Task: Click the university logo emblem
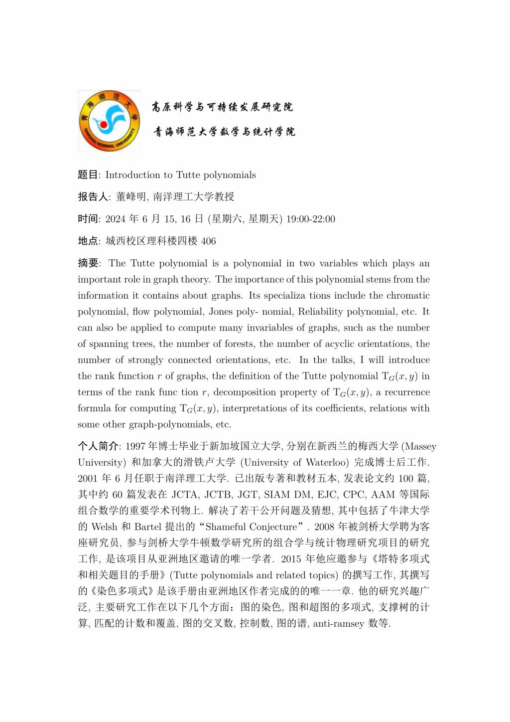[x=109, y=121]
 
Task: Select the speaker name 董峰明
[x=131, y=197]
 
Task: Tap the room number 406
[x=208, y=241]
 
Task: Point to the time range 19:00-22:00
[x=310, y=219]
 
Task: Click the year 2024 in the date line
[x=116, y=219]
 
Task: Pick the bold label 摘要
[x=88, y=263]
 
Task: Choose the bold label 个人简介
[x=98, y=446]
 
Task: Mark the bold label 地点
[x=88, y=241]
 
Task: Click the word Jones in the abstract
[x=221, y=312]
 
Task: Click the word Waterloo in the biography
[x=327, y=463]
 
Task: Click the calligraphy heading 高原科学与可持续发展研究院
[x=223, y=107]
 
